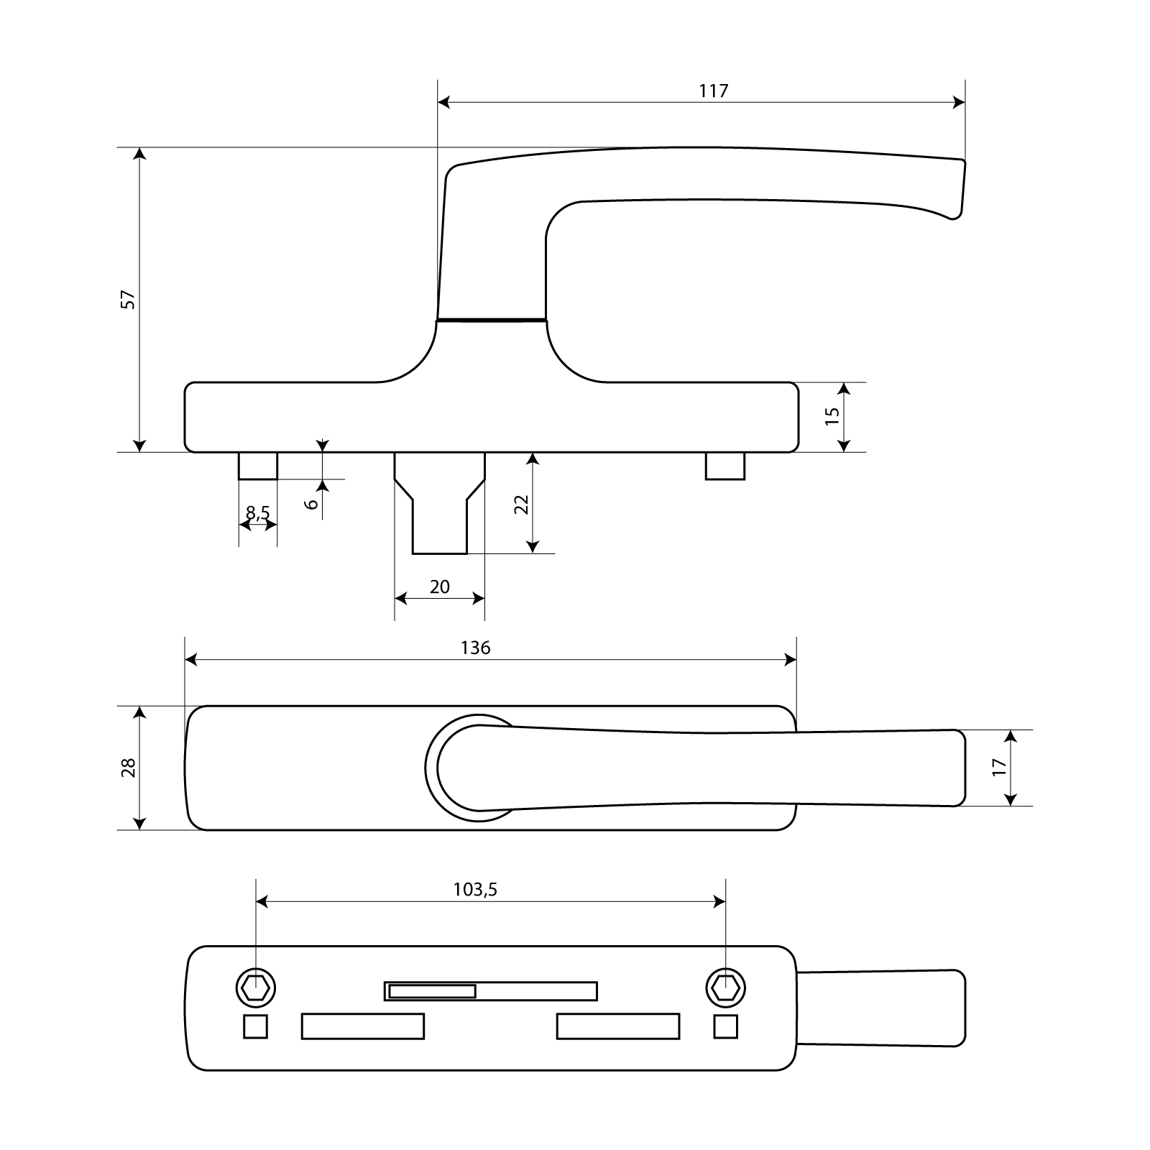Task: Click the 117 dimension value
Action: (714, 91)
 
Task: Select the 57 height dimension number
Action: (128, 300)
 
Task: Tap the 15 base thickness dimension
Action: (832, 416)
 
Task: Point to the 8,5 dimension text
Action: (258, 512)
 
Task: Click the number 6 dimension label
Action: (312, 503)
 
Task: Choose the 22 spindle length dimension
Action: (523, 504)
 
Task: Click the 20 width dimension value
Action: (440, 587)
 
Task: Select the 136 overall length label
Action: (476, 648)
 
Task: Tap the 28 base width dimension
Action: (128, 768)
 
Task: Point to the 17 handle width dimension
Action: (999, 768)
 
